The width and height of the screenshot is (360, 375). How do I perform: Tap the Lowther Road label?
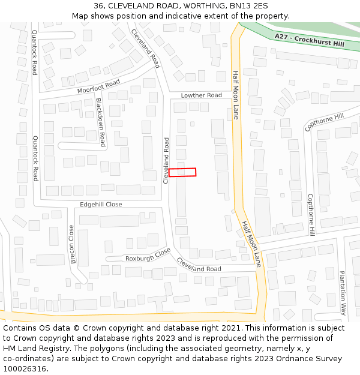(x=202, y=95)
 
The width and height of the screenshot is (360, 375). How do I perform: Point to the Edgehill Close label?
(x=101, y=205)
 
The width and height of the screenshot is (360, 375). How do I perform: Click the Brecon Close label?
(x=73, y=244)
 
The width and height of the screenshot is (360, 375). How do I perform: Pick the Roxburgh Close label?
(x=148, y=256)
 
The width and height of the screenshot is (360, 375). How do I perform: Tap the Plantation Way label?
(x=343, y=292)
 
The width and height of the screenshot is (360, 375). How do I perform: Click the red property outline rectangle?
(x=182, y=172)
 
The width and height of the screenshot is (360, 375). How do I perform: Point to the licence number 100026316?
(x=26, y=369)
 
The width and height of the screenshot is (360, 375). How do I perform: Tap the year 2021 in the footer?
(x=231, y=328)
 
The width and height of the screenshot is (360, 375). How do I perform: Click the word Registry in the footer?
(x=50, y=349)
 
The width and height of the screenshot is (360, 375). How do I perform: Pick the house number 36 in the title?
(x=99, y=6)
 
